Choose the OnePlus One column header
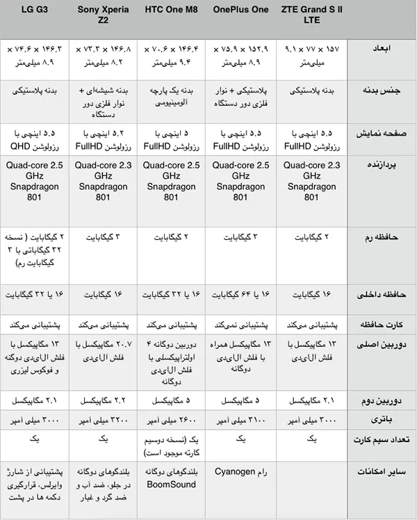tap(240, 10)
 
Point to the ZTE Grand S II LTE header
tap(311, 15)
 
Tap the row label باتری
tap(381, 419)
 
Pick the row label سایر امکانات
tap(381, 472)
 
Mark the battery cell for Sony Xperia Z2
tap(103, 419)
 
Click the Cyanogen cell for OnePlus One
tap(240, 471)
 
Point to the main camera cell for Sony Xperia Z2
tap(103, 352)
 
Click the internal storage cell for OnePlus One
tap(240, 294)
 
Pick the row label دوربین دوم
tap(381, 401)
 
